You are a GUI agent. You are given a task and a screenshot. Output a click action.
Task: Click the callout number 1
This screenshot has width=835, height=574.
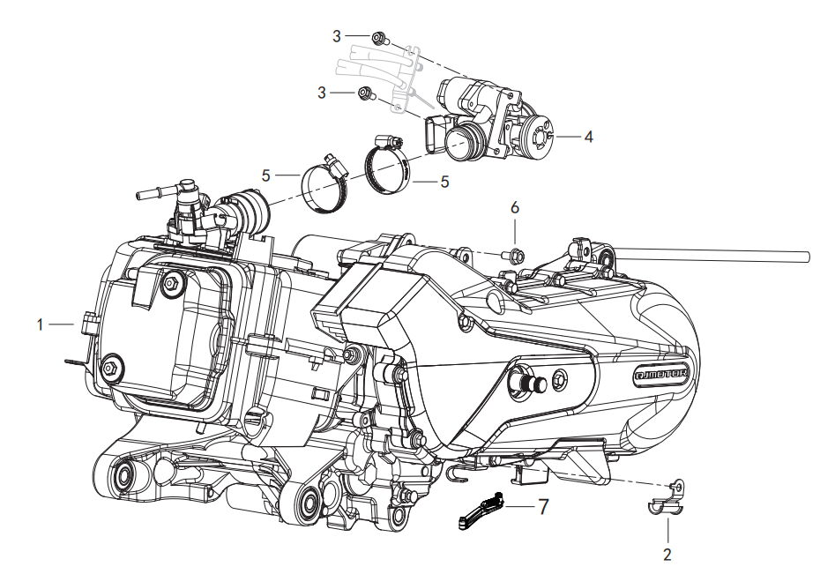(41, 324)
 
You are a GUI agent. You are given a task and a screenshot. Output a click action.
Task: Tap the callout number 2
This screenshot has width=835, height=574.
(667, 554)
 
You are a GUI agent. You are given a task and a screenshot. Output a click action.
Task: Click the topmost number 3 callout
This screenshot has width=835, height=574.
(337, 35)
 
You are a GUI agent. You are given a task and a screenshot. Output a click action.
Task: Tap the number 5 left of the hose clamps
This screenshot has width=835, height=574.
(265, 175)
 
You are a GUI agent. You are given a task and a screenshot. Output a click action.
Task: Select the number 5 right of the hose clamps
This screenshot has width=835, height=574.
(445, 182)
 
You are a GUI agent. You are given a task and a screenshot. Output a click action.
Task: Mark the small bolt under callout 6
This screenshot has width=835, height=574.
(515, 256)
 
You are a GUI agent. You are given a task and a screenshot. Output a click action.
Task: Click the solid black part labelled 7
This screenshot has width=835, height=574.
(481, 511)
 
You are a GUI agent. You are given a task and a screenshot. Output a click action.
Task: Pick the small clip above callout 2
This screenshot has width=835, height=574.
(667, 498)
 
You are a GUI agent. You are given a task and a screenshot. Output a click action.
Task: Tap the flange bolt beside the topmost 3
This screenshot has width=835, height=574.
(380, 38)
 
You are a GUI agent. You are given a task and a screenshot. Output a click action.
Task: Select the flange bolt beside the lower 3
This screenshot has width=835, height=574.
(365, 93)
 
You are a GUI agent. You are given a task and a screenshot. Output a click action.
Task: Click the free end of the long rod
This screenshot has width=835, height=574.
(806, 257)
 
